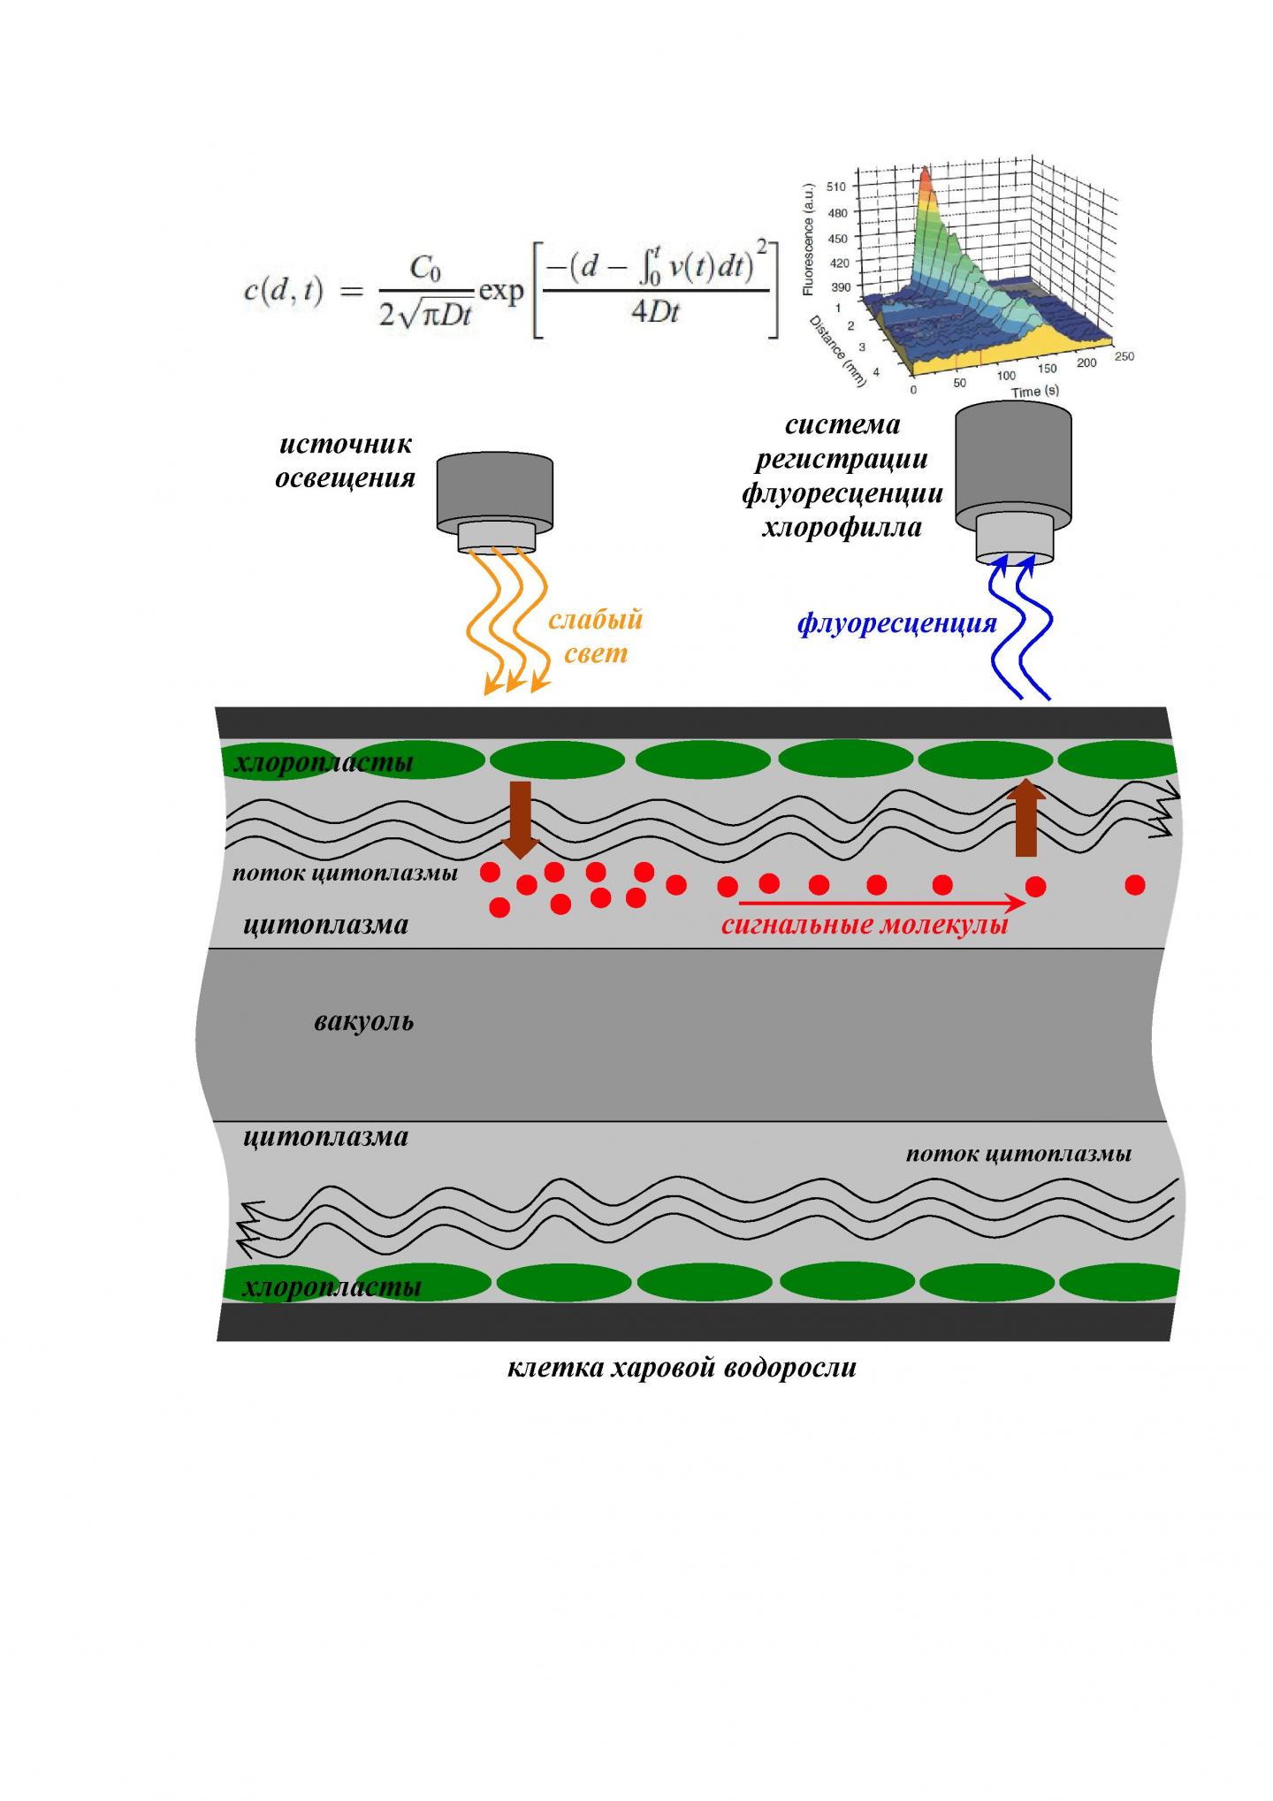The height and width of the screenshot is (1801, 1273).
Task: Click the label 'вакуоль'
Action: point(363,1022)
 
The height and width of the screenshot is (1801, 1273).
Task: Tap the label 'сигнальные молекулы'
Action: point(864,927)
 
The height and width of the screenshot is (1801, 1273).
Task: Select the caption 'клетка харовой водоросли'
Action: point(682,1368)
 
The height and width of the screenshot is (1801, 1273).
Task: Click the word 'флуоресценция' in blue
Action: point(896,623)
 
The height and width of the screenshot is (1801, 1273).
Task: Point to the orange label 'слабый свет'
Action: point(595,637)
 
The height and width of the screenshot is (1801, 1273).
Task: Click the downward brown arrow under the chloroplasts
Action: point(521,818)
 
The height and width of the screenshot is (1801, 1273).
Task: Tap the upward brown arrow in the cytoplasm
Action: point(1025,818)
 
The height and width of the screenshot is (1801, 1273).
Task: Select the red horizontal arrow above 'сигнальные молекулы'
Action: point(881,903)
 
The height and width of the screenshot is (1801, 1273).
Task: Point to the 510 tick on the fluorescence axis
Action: point(835,187)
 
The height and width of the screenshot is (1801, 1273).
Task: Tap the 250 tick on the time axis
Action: point(1124,356)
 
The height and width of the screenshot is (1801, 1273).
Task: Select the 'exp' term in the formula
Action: point(501,291)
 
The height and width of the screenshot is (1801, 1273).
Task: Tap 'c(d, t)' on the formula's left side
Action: point(283,292)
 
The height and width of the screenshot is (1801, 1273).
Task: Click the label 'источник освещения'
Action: point(345,461)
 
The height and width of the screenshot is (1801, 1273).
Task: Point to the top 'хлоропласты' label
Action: point(324,762)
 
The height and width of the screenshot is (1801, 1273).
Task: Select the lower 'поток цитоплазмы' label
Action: point(1018,1154)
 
